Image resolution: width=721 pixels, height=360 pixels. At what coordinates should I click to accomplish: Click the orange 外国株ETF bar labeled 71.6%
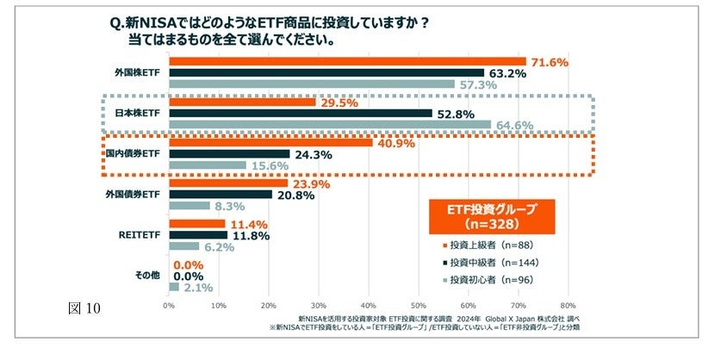coord(347,61)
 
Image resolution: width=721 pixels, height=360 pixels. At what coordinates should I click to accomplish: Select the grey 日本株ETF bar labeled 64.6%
coord(329,125)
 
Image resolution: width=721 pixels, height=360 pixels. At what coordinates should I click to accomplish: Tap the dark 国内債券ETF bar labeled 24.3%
coord(229,154)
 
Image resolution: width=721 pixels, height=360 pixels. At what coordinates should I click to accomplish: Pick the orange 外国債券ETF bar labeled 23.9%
coord(228,183)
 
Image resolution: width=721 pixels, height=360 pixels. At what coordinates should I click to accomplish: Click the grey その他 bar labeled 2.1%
coord(174,287)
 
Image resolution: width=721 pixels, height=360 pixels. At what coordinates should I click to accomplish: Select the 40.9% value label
coord(396,143)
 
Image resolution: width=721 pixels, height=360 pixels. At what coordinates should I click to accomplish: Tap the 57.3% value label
coord(478,84)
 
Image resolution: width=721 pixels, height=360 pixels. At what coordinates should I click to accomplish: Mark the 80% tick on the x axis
coord(568,304)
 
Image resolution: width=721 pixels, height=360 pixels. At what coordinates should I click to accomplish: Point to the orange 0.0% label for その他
coord(190,264)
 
